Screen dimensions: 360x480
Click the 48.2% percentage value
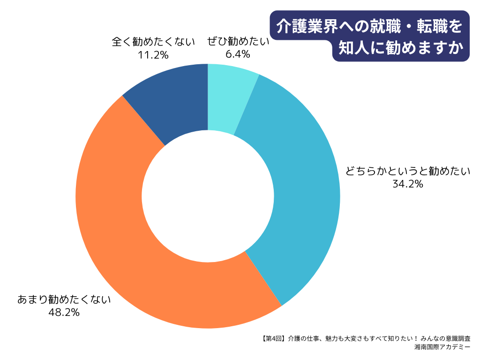pyautogui.click(x=64, y=312)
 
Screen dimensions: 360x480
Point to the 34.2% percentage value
pyautogui.click(x=408, y=184)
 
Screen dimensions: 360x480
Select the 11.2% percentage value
pyautogui.click(x=153, y=55)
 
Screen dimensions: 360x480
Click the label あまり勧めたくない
pyautogui.click(x=64, y=299)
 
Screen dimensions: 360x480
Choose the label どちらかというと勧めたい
pyautogui.click(x=408, y=172)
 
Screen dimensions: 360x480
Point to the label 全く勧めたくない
pyautogui.click(x=153, y=42)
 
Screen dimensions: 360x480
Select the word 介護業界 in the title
pyautogui.click(x=309, y=27)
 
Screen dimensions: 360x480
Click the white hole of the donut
pyautogui.click(x=208, y=196)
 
